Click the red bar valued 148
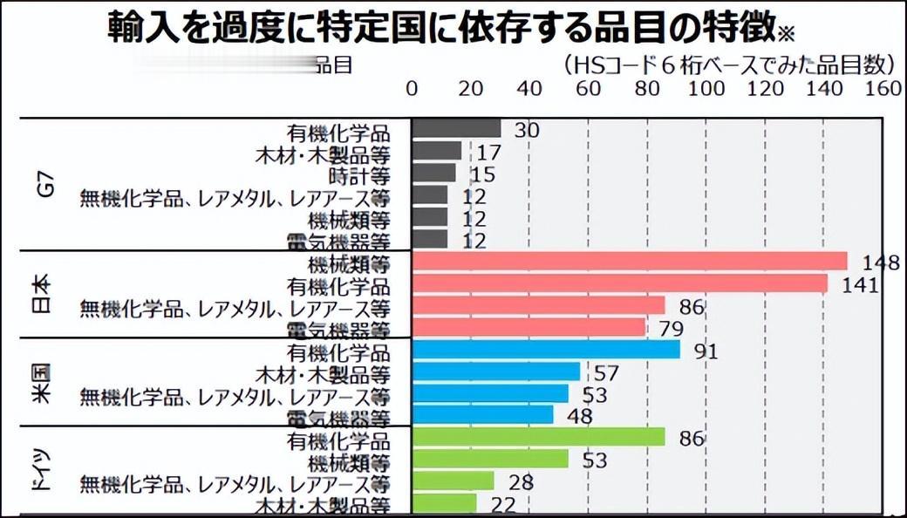(629, 262)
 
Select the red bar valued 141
(619, 284)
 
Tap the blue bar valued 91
(545, 351)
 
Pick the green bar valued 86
(538, 438)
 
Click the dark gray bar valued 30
(455, 130)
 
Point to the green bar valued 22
(444, 504)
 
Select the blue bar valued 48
(481, 415)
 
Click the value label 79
(670, 329)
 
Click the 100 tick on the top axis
(706, 89)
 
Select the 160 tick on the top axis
(883, 89)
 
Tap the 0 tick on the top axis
(413, 89)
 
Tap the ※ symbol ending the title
(788, 33)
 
